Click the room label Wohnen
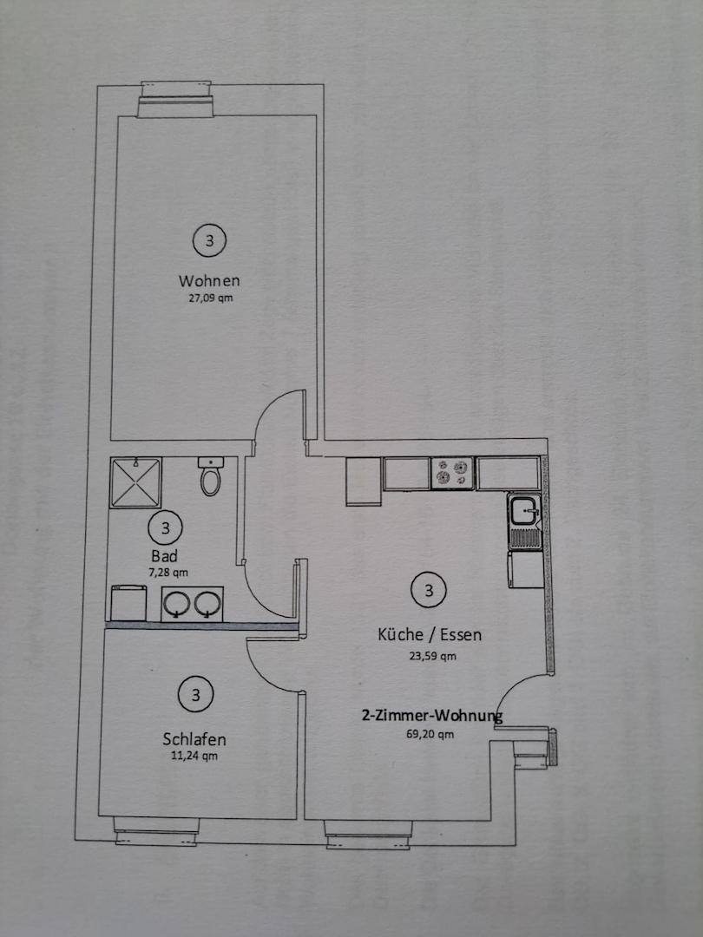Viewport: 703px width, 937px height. tap(209, 280)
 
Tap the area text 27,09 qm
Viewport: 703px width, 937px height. tap(210, 298)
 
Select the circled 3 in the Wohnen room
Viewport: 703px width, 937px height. tap(209, 240)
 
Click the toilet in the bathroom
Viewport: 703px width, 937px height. tap(210, 476)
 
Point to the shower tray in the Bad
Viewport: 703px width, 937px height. tap(135, 483)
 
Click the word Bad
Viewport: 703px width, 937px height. tap(164, 556)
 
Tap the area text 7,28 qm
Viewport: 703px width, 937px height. tap(168, 573)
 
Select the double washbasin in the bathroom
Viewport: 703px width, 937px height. tap(192, 604)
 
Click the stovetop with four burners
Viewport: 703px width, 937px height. tap(452, 474)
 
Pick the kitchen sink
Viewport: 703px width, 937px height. tap(525, 521)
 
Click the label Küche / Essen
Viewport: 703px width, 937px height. tap(430, 634)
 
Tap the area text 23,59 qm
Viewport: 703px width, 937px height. tap(432, 656)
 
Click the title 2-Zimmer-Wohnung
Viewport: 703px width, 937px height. tap(432, 715)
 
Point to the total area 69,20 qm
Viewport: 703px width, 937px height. tap(430, 735)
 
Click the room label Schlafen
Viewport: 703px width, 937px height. tap(194, 739)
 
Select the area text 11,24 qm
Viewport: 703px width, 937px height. tap(194, 756)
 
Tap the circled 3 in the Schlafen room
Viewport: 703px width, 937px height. tap(195, 695)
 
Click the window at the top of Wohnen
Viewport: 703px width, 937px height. tap(175, 100)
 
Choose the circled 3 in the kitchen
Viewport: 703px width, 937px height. tap(429, 591)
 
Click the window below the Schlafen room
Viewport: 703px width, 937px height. tap(156, 831)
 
